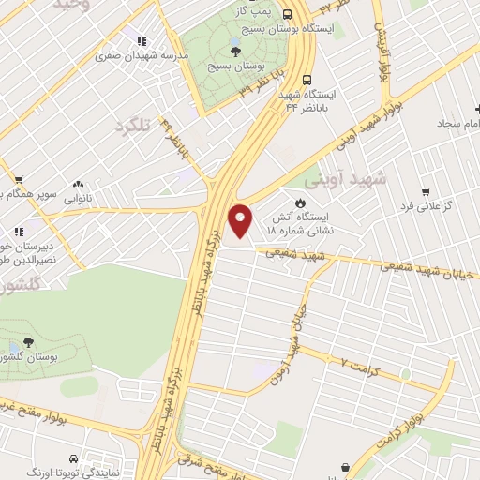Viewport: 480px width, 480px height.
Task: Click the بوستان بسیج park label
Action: tap(235, 67)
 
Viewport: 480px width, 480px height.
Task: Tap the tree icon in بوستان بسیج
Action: tap(235, 51)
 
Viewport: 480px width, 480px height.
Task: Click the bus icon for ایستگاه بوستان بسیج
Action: tap(287, 14)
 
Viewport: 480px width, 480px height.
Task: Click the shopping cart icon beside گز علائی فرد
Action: tap(425, 190)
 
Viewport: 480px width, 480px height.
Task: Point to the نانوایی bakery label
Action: tap(77, 199)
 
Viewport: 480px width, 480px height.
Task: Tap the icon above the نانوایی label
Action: tap(77, 185)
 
